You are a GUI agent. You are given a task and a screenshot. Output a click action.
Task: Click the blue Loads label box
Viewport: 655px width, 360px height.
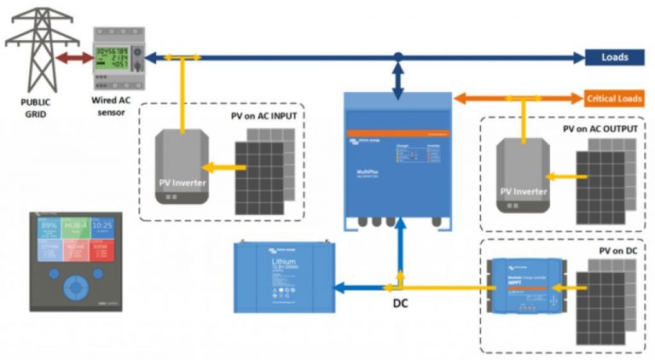tap(614, 58)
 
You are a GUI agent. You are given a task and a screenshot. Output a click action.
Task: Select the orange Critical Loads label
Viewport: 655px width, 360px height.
tap(614, 99)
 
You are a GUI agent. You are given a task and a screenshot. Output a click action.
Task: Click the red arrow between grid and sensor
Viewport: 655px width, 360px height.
tap(72, 58)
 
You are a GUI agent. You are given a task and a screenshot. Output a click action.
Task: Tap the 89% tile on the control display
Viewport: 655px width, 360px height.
tap(49, 227)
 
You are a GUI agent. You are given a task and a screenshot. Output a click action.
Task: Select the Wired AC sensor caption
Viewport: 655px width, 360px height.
tap(112, 105)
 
